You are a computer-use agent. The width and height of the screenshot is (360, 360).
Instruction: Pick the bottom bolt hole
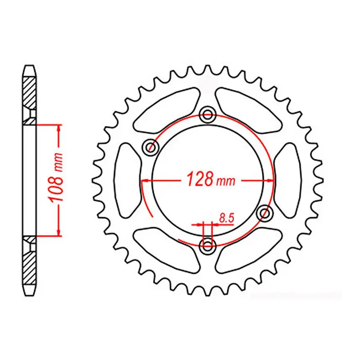click(x=207, y=245)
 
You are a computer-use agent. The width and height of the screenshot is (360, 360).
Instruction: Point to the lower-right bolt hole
click(x=264, y=213)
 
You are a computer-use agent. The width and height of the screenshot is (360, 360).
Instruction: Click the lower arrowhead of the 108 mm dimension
click(x=58, y=231)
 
